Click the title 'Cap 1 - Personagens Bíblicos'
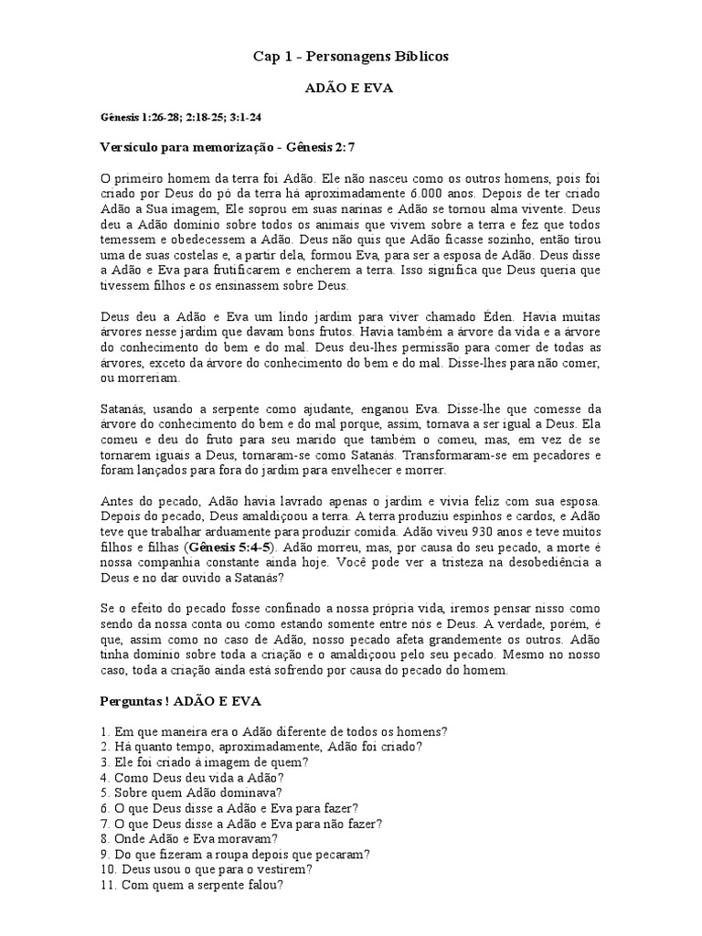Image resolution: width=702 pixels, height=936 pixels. point(351,57)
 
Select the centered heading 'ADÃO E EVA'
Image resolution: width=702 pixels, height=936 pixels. point(351,90)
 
